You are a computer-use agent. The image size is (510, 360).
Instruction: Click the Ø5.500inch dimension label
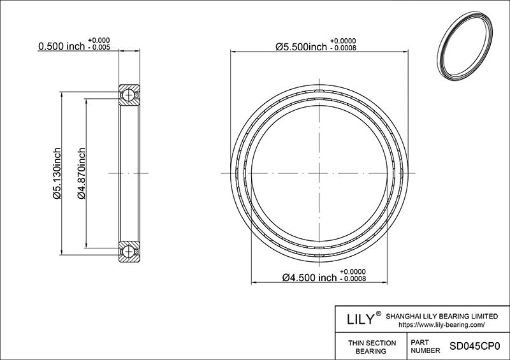coord(301,47)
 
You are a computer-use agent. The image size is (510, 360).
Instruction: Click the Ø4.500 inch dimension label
coord(309,278)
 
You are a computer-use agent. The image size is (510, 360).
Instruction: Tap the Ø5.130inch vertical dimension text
coord(56,173)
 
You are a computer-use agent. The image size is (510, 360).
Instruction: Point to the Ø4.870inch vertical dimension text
coord(81,173)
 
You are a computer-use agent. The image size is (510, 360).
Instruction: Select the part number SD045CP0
coord(476,347)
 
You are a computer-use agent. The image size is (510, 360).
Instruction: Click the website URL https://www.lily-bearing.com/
coord(441,324)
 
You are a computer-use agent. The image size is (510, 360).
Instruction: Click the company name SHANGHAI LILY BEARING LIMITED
coord(442,315)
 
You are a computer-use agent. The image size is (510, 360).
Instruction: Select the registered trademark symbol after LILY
coord(379,314)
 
